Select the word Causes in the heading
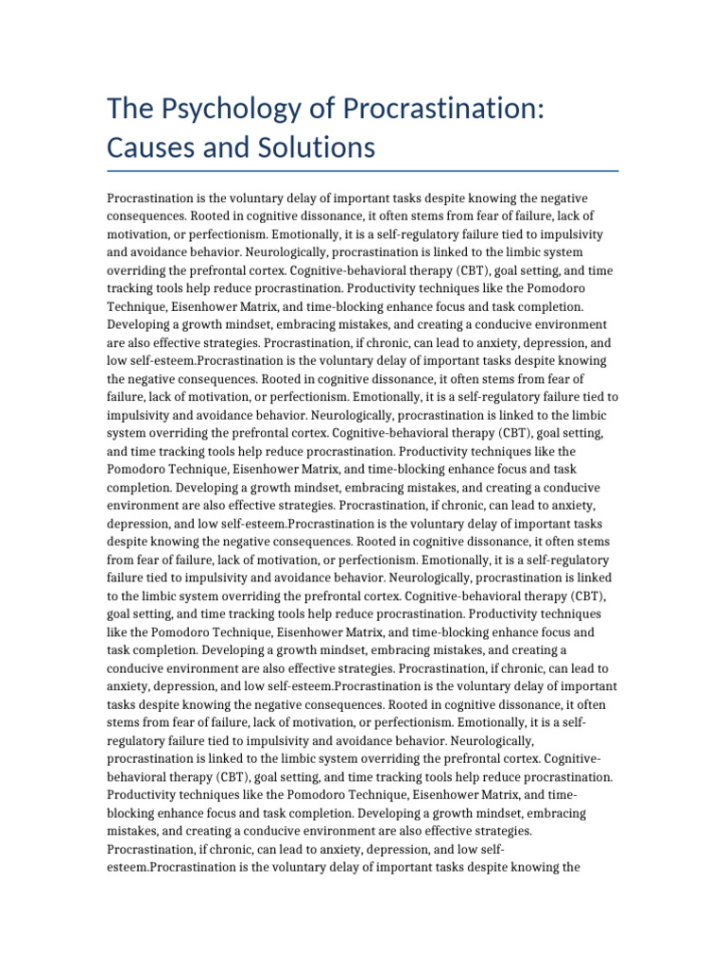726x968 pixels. (x=156, y=147)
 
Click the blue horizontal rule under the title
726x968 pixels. (x=363, y=171)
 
